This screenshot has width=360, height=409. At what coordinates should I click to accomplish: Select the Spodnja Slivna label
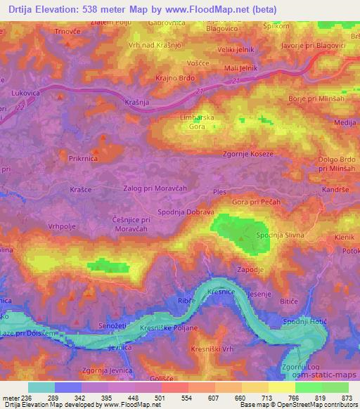coord(279,235)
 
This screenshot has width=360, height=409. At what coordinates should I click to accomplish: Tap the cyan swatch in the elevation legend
coord(41,387)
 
